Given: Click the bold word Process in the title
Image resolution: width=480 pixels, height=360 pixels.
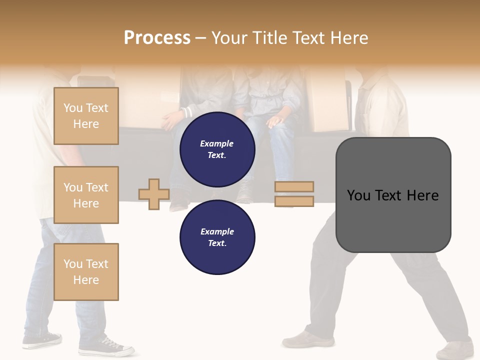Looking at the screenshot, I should pos(157,38).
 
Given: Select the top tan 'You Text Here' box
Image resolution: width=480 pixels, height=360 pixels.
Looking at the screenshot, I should pos(86,116).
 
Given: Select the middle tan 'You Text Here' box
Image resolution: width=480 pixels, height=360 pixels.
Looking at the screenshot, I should pos(86,195).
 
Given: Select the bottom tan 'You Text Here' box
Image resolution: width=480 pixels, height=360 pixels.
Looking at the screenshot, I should pos(86,272).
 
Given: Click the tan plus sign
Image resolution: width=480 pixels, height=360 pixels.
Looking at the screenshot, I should pos(154,194).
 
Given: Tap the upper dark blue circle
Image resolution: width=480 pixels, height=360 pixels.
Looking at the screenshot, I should pos(217,149).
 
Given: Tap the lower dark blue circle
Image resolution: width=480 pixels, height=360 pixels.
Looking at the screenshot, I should pos(217,237).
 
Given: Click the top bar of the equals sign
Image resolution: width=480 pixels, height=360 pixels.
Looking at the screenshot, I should pos(294,186).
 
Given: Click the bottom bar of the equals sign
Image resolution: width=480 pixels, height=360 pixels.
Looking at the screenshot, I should pos(294,201).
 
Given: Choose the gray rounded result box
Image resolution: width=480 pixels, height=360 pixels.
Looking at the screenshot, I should pos(393,194).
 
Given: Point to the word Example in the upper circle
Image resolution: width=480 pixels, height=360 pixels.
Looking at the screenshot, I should pos(217,143).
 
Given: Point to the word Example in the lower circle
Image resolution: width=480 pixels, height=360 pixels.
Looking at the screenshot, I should pos(217,231).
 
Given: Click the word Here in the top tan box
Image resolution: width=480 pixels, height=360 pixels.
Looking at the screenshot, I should pos(86,124).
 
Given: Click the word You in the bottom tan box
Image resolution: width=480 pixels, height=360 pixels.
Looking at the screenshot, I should pos(72,264).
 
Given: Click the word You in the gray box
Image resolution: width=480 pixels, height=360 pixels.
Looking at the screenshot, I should pos(359,195).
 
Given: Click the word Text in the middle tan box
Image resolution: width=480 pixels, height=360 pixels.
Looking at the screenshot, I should pos(96,187).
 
